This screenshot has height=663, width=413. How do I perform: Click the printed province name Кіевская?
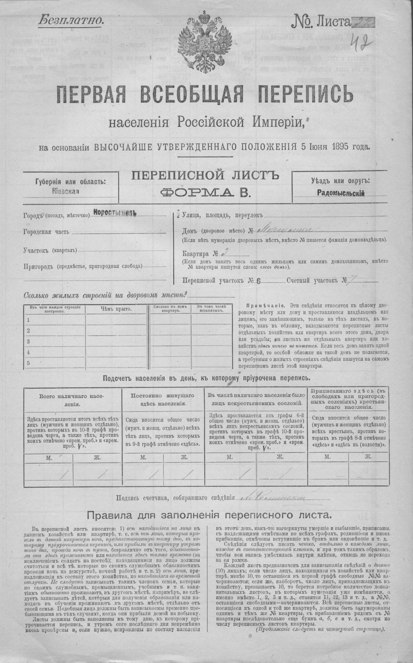(65, 191)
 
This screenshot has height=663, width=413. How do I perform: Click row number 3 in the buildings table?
(28, 341)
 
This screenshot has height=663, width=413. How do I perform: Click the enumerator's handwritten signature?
(273, 499)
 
